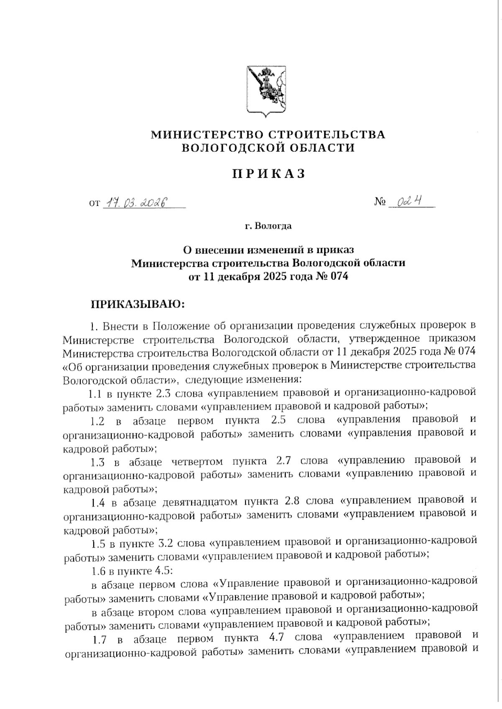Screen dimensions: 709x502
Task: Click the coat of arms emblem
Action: click(x=266, y=90)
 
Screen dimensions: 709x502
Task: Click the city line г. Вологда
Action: click(x=268, y=226)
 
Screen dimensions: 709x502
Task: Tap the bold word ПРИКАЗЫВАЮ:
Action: click(x=138, y=304)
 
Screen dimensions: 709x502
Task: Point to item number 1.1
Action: click(x=95, y=393)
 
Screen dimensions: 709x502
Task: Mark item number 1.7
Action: click(x=100, y=639)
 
